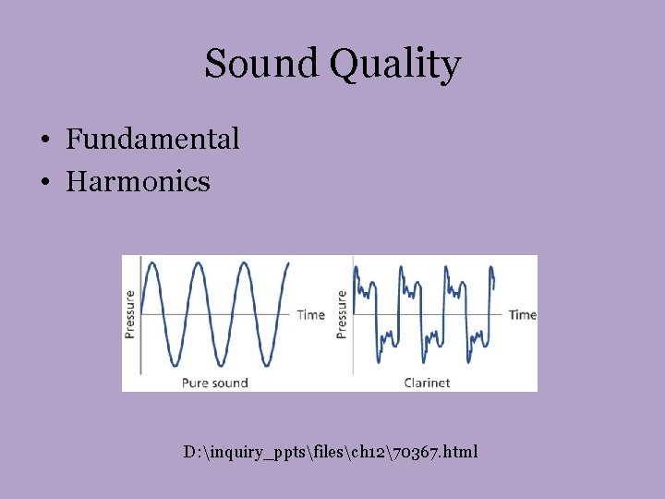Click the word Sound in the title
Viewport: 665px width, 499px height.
pyautogui.click(x=261, y=65)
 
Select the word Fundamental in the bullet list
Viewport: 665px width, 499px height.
pyautogui.click(x=152, y=140)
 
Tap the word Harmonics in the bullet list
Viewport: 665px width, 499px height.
pyautogui.click(x=139, y=181)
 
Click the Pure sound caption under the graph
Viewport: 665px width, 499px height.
pyautogui.click(x=214, y=382)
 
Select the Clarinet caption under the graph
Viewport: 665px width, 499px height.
pyautogui.click(x=427, y=382)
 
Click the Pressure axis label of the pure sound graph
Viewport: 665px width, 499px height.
pyautogui.click(x=130, y=314)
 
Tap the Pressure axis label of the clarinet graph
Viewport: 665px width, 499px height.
pyautogui.click(x=342, y=314)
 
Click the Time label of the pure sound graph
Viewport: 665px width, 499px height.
pyautogui.click(x=310, y=315)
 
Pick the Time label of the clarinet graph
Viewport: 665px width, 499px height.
pyautogui.click(x=522, y=315)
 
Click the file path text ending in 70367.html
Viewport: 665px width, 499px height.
pyautogui.click(x=331, y=452)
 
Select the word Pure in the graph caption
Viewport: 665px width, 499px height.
pyautogui.click(x=194, y=382)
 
